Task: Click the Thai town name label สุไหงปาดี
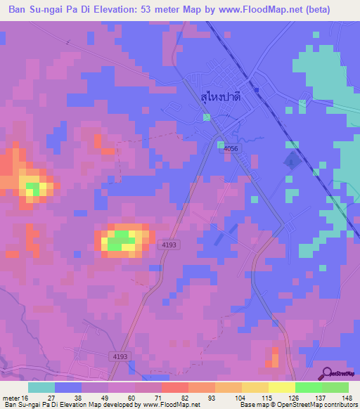click(219, 100)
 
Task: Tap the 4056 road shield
click(231, 149)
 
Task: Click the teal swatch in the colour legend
click(41, 387)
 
